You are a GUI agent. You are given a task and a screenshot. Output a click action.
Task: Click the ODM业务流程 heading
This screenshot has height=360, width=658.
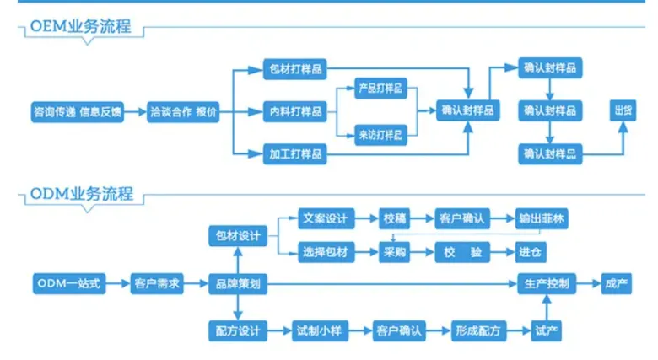82,194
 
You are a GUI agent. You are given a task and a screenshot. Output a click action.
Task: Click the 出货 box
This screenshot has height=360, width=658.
623,111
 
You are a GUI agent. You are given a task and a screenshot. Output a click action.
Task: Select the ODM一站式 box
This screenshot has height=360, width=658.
69,284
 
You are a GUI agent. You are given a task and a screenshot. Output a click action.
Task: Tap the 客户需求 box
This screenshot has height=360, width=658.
158,284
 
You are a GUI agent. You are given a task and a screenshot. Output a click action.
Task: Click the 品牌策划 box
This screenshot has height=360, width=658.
238,284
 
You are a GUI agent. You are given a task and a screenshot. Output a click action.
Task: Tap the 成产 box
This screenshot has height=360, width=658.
617,284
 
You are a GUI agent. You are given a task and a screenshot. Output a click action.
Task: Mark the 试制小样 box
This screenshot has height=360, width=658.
318,330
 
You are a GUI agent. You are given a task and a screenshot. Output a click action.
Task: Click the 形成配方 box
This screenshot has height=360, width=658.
478,330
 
